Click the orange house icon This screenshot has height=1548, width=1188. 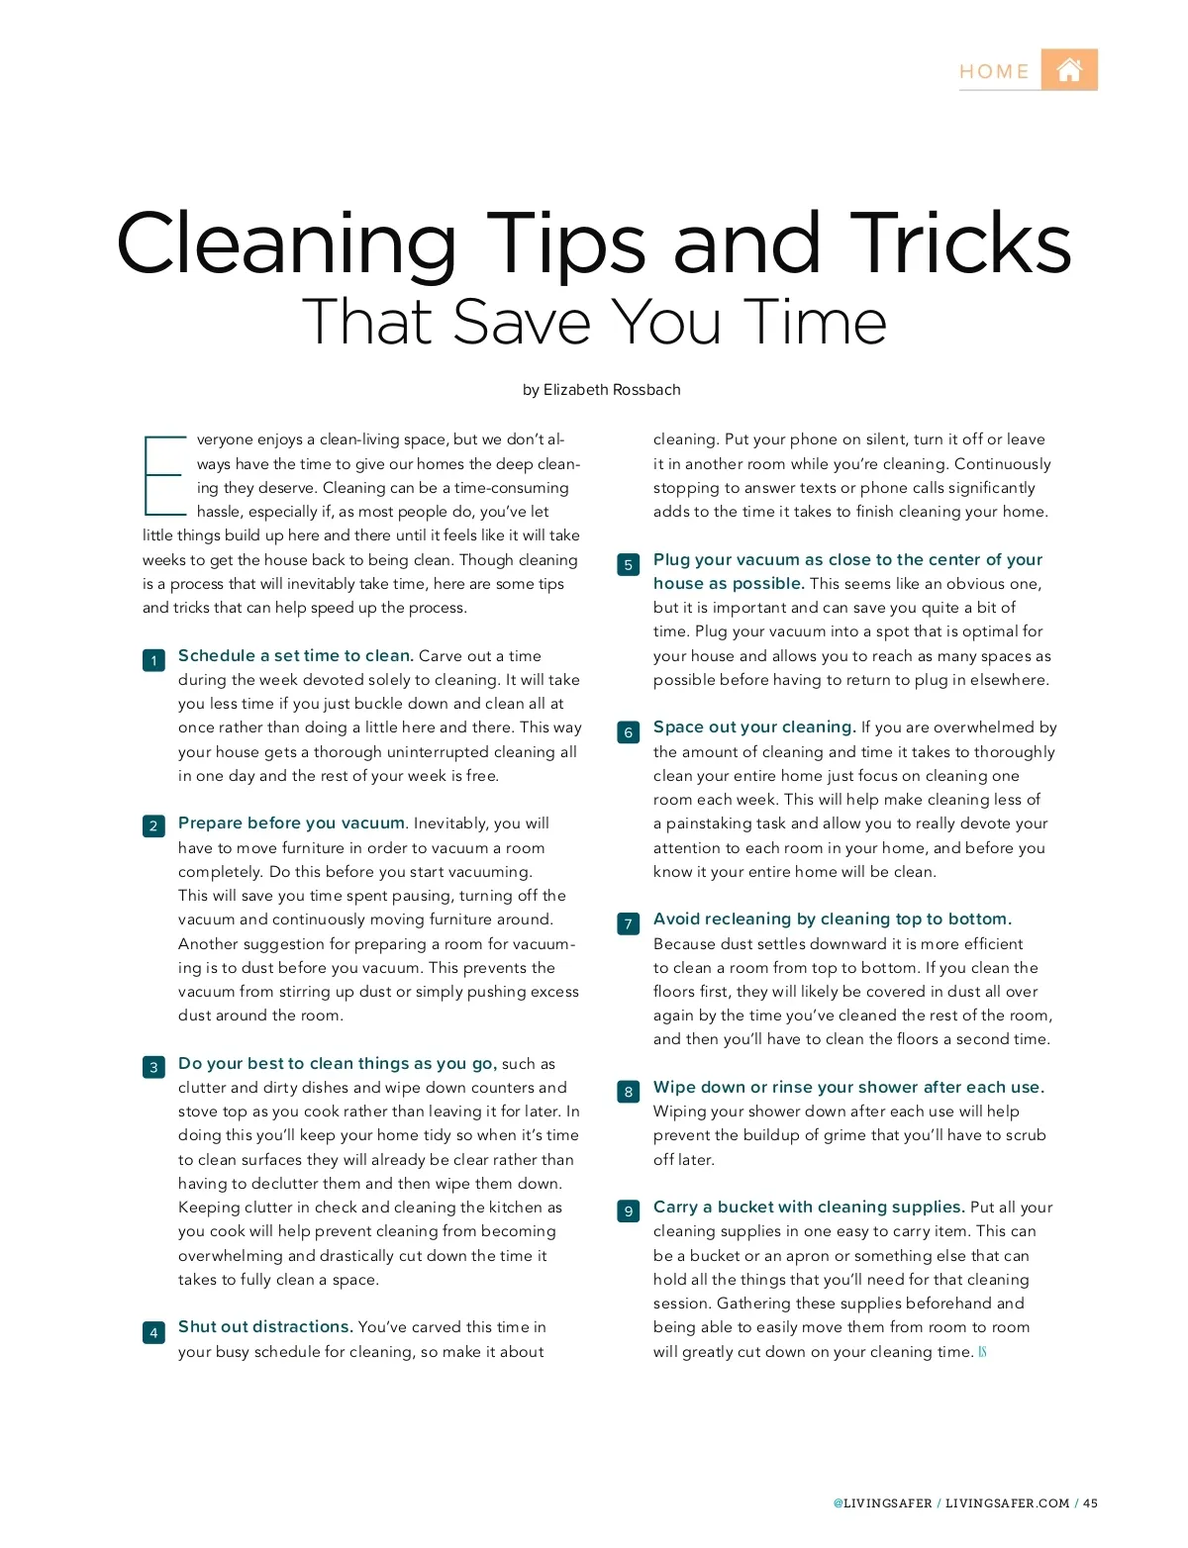pyautogui.click(x=1069, y=69)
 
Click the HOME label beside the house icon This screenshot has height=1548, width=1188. pyautogui.click(x=994, y=71)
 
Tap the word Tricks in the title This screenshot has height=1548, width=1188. pyautogui.click(x=960, y=243)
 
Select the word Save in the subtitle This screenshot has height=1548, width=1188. pyautogui.click(x=522, y=322)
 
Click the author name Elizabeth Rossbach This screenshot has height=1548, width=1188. pyautogui.click(x=612, y=389)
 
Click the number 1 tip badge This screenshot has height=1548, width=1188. pyautogui.click(x=153, y=660)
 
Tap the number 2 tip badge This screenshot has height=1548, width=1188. pyautogui.click(x=153, y=825)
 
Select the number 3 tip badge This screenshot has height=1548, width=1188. pyautogui.click(x=153, y=1067)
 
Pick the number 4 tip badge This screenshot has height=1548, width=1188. pyautogui.click(x=153, y=1332)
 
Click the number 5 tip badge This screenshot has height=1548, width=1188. pyautogui.click(x=628, y=564)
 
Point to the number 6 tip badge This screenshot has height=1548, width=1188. pyautogui.click(x=628, y=732)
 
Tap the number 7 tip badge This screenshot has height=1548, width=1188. pyautogui.click(x=628, y=923)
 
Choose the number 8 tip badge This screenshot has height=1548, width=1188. pyautogui.click(x=628, y=1092)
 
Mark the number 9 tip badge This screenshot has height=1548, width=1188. pyautogui.click(x=628, y=1210)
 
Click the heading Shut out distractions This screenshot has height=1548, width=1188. pyautogui.click(x=265, y=1326)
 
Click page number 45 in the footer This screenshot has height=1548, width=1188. pyautogui.click(x=1090, y=1502)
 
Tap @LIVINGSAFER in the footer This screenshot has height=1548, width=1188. pyautogui.click(x=882, y=1502)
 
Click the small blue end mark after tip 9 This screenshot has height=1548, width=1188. pyautogui.click(x=982, y=1352)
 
